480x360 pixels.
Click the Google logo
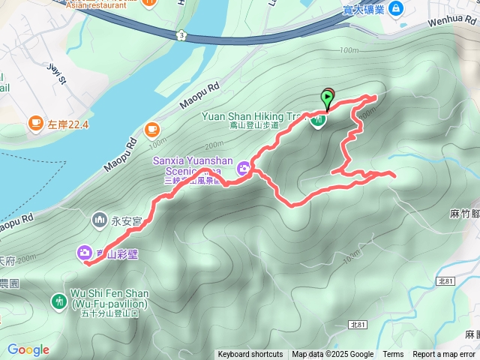click(28, 349)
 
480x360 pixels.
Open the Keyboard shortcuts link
click(250, 355)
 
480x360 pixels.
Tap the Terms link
click(393, 355)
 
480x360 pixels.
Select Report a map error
click(443, 355)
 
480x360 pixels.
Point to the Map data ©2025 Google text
click(332, 355)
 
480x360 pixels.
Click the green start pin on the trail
click(328, 97)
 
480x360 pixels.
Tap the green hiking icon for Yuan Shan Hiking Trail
click(319, 120)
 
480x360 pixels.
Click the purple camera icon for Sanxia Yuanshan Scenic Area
click(244, 171)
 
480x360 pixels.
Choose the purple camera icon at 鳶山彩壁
click(84, 253)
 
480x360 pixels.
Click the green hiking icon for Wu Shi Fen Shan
click(59, 301)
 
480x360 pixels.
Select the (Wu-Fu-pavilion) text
click(110, 304)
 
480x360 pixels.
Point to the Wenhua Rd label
click(454, 22)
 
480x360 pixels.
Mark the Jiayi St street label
click(54, 74)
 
